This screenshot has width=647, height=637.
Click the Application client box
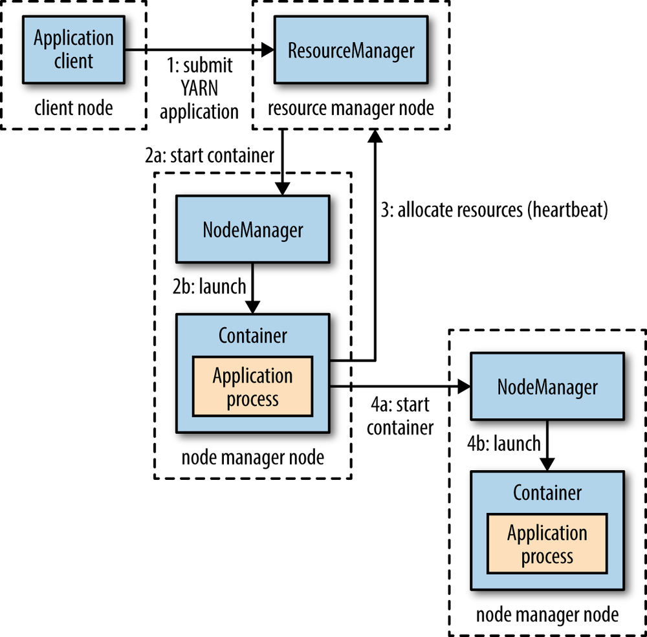pos(73,50)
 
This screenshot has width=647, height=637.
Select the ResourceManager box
pos(351,50)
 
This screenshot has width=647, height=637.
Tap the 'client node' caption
pos(73,107)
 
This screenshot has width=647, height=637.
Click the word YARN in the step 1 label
pos(199,89)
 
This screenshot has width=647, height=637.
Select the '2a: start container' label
pos(210,156)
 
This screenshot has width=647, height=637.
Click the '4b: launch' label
pos(503,444)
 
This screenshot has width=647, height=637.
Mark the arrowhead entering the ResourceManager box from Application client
pos(267,50)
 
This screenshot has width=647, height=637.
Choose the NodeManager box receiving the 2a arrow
pos(252,230)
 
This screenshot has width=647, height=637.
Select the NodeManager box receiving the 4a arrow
pos(547,387)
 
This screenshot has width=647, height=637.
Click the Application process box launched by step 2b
pos(252,387)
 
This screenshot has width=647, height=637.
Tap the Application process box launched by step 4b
pos(547,544)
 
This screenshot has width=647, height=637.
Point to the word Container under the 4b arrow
pos(547,493)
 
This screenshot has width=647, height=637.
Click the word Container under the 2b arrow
pos(252,336)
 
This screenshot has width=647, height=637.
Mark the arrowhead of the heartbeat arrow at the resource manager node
pos(374,133)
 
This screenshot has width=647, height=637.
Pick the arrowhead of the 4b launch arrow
pos(547,464)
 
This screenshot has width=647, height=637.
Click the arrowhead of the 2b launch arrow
pos(252,307)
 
